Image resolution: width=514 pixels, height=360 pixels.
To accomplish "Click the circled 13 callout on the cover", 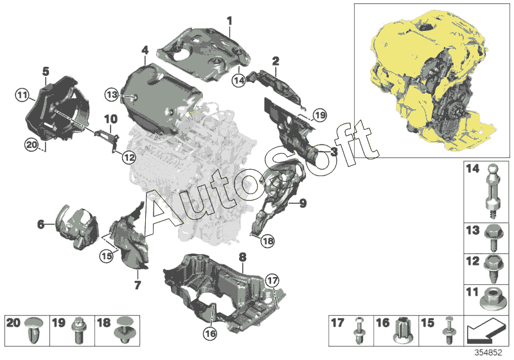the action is [112, 94].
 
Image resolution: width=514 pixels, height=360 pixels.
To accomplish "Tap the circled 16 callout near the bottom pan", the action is [210, 334].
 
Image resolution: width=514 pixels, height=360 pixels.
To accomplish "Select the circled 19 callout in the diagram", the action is [320, 115].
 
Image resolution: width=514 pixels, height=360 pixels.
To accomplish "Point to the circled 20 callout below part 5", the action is [31, 145].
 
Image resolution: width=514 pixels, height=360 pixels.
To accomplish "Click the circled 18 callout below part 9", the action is [268, 241].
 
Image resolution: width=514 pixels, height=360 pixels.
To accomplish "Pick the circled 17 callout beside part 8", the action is [272, 281].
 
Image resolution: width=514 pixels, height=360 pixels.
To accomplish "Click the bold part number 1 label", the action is [229, 21].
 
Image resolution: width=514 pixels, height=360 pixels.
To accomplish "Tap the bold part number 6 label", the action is [40, 224].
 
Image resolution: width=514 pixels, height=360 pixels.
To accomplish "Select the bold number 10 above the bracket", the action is [111, 119].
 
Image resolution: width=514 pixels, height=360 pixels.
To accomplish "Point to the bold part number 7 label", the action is [137, 285].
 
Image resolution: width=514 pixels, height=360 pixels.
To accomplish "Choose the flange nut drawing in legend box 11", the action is [490, 300].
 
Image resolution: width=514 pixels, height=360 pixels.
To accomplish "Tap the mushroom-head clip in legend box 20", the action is [34, 330].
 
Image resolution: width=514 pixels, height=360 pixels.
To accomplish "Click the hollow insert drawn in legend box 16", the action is [404, 329].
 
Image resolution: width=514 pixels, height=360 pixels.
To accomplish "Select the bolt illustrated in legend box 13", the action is [492, 237].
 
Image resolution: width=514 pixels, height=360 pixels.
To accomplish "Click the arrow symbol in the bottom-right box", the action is [486, 330].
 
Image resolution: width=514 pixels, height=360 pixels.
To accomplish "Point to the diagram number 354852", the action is [488, 353].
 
